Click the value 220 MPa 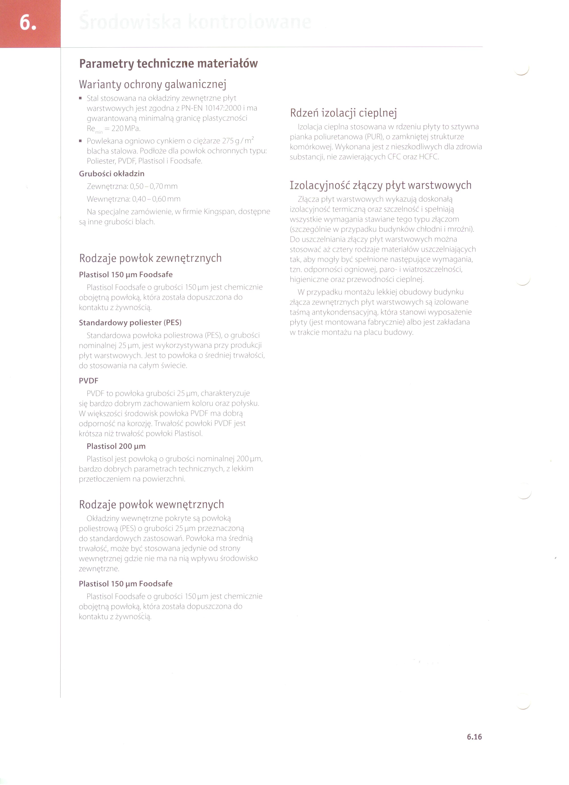click(126, 129)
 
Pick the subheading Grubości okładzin click(112, 174)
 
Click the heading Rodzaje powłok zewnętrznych click(150, 258)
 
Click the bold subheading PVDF click(89, 381)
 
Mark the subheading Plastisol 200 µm click(116, 446)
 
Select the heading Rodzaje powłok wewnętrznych click(151, 504)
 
